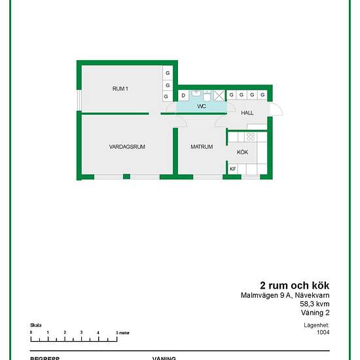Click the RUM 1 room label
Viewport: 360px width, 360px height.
pyautogui.click(x=120, y=88)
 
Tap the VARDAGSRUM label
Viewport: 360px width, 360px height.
pyautogui.click(x=127, y=147)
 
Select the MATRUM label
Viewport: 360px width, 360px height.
pyautogui.click(x=202, y=147)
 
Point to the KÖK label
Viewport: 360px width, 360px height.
pyautogui.click(x=242, y=152)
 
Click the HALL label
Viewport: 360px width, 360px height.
pyautogui.click(x=247, y=113)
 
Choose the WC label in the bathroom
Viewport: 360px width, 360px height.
pyautogui.click(x=202, y=105)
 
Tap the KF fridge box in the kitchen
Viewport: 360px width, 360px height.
pyautogui.click(x=232, y=169)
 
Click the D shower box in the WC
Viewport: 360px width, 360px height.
pyautogui.click(x=183, y=96)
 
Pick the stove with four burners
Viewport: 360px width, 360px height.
pyautogui.click(x=249, y=137)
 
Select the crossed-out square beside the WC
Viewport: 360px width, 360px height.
pyautogui.click(x=219, y=95)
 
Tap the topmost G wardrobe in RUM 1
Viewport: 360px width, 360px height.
pyautogui.click(x=168, y=73)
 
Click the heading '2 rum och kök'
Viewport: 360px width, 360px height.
pyautogui.click(x=295, y=285)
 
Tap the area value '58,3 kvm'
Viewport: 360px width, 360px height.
pyautogui.click(x=314, y=304)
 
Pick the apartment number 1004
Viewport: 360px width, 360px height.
pyautogui.click(x=323, y=332)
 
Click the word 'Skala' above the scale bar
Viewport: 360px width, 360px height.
pyautogui.click(x=36, y=325)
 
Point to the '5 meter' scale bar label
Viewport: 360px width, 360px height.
pyautogui.click(x=122, y=333)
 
